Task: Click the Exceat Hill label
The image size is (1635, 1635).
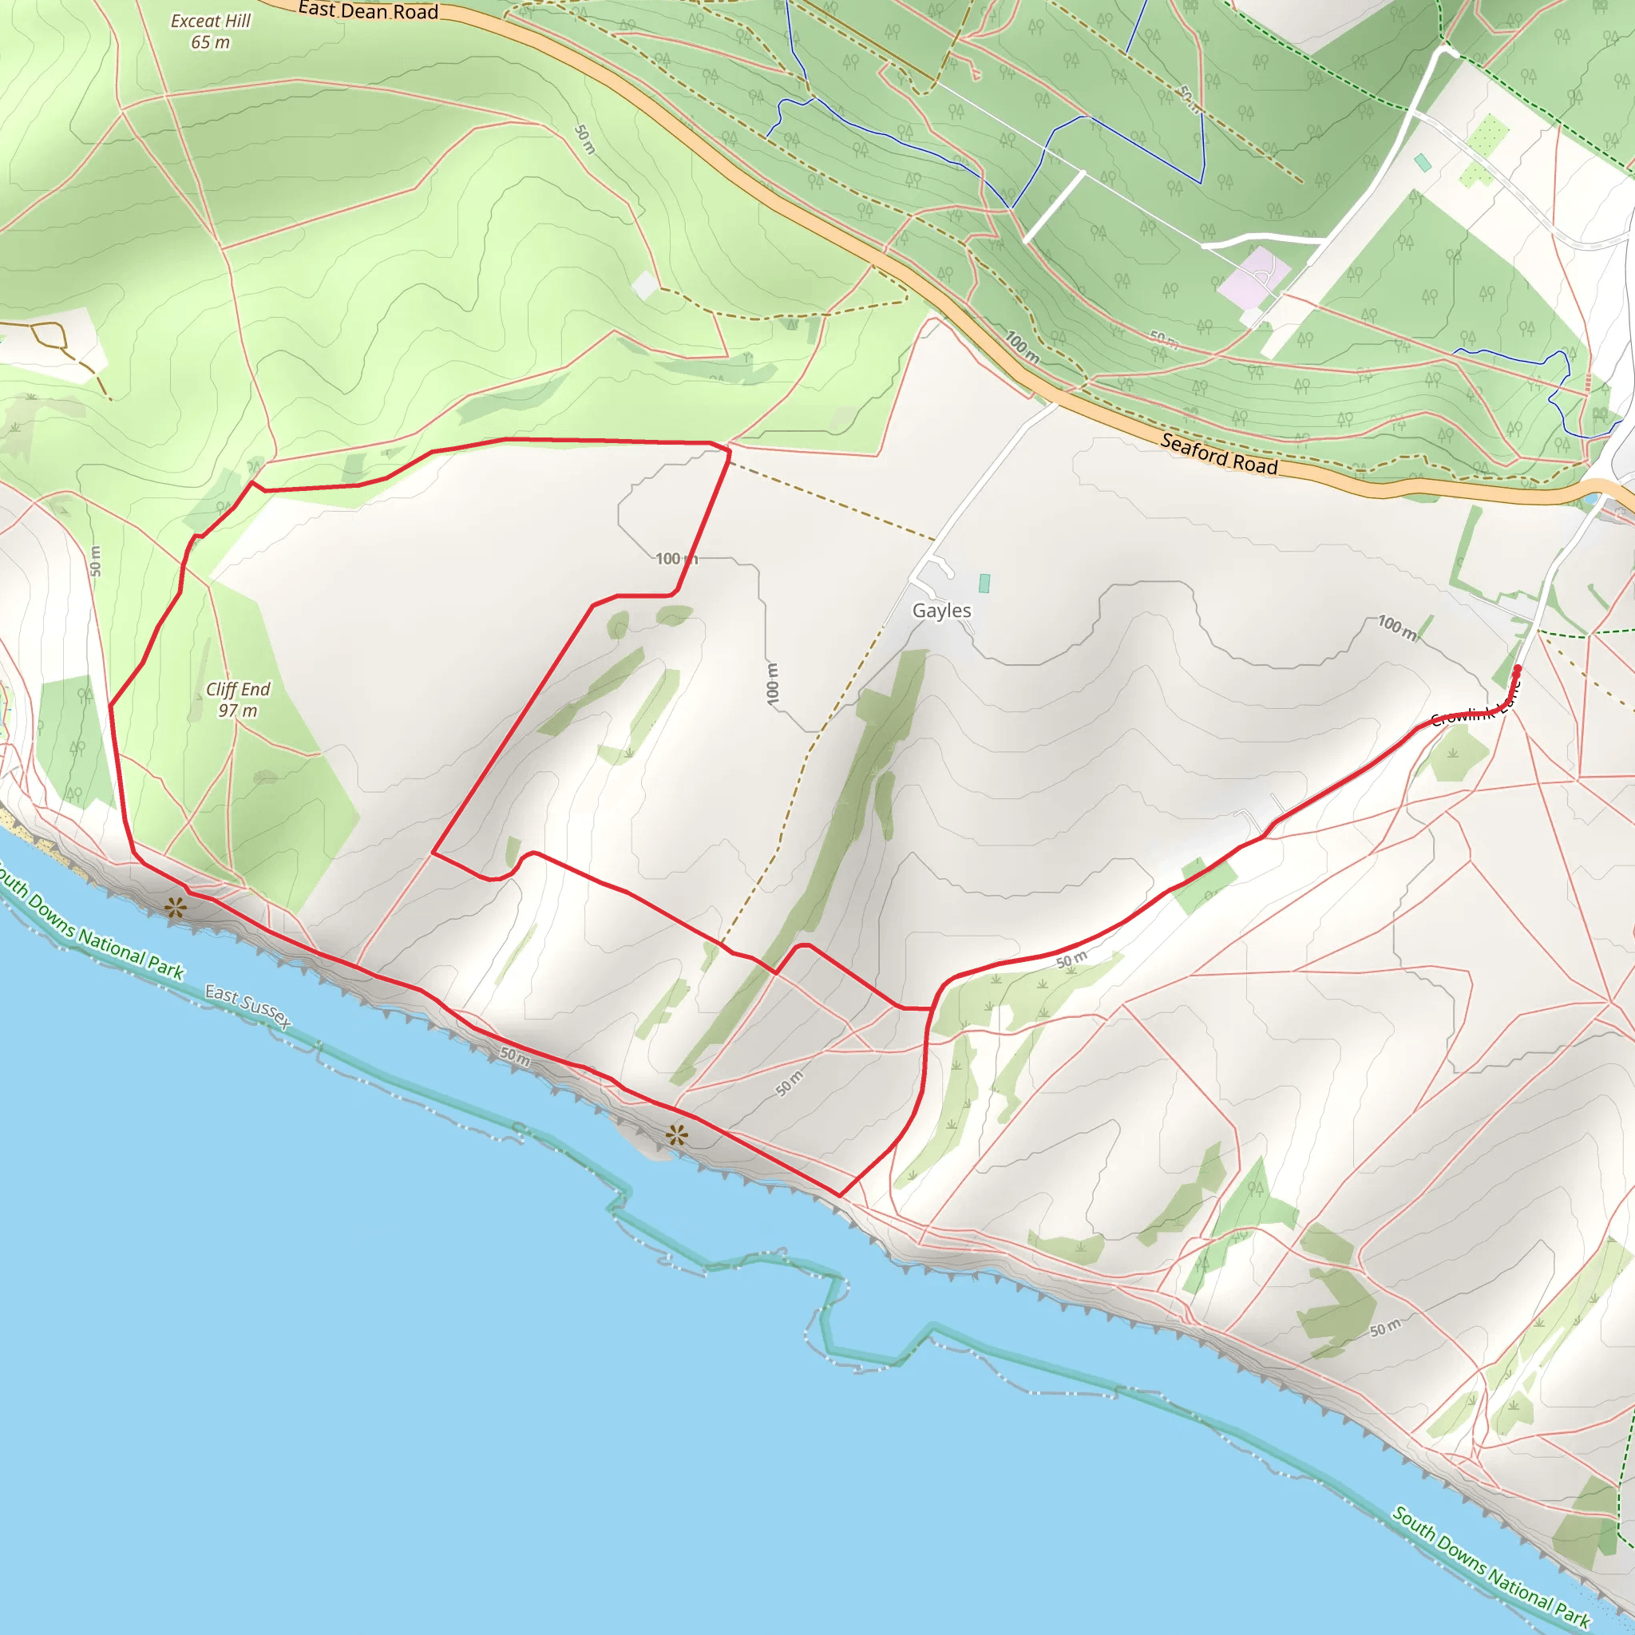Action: pyautogui.click(x=211, y=20)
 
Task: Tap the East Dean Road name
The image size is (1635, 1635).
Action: pyautogui.click(x=368, y=11)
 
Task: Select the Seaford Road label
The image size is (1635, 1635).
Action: pyautogui.click(x=1218, y=453)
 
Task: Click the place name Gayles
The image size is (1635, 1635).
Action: pyautogui.click(x=942, y=610)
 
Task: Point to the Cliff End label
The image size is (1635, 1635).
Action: pyautogui.click(x=238, y=689)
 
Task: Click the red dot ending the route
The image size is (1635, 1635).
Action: pyautogui.click(x=1518, y=669)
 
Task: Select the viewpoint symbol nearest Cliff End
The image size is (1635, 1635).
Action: pyautogui.click(x=176, y=909)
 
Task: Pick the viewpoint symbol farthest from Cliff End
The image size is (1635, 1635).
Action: pyautogui.click(x=676, y=1136)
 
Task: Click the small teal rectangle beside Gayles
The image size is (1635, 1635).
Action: pyautogui.click(x=984, y=583)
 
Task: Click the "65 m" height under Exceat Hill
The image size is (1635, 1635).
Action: pyautogui.click(x=210, y=42)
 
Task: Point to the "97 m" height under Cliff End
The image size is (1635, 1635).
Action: pyautogui.click(x=238, y=711)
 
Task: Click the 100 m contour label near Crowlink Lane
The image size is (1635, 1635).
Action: pyautogui.click(x=1397, y=627)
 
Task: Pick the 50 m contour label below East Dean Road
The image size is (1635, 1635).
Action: pyautogui.click(x=584, y=140)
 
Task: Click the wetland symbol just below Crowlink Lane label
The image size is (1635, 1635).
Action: pyautogui.click(x=1453, y=752)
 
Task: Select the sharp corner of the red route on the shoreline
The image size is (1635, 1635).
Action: pyautogui.click(x=840, y=1196)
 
